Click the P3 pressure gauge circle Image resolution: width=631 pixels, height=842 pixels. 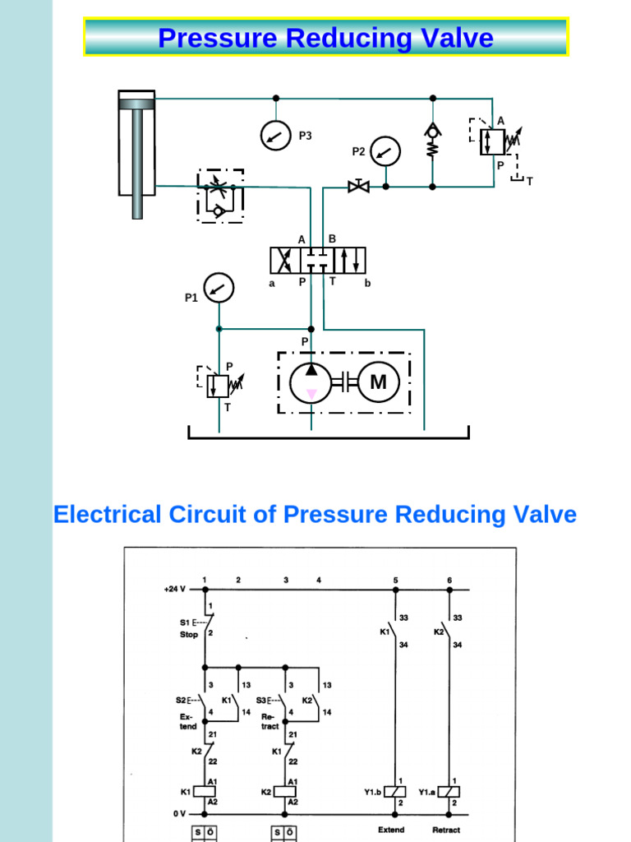[276, 135]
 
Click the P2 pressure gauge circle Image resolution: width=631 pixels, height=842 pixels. [385, 150]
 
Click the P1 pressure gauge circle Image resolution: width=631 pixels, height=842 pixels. [219, 288]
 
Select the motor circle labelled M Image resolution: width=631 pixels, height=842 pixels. [378, 382]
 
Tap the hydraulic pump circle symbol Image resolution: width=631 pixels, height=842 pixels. [311, 382]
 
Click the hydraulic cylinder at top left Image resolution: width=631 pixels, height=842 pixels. [136, 148]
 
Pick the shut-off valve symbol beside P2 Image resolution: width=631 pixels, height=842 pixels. [358, 186]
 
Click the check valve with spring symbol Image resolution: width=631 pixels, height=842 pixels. [433, 140]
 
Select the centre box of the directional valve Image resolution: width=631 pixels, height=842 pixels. [318, 261]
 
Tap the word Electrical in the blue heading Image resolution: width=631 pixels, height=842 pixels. [107, 516]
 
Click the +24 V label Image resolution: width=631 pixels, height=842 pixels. [176, 589]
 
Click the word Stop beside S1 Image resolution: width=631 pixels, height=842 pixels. [190, 635]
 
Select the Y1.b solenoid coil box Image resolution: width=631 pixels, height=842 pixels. [396, 792]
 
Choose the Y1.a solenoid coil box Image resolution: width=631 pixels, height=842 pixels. [449, 792]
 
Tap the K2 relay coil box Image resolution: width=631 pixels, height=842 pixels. [285, 792]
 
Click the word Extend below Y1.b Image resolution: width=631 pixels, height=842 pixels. [391, 830]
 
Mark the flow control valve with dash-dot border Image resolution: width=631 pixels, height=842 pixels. [220, 196]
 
